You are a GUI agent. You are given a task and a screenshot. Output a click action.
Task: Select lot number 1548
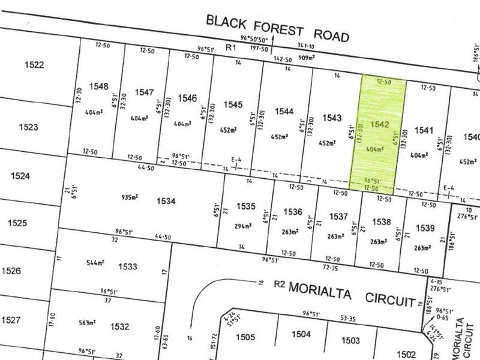[99, 86]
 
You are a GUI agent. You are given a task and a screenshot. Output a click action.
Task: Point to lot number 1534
[165, 201]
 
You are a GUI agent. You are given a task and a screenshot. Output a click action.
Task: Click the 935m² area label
[130, 196]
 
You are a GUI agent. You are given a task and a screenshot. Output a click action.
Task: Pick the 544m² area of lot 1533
[95, 263]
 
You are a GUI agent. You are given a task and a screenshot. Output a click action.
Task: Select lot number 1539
[424, 227]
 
